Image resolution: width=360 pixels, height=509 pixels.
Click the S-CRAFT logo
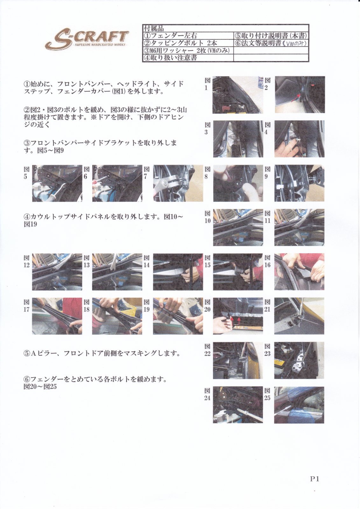click(x=87, y=40)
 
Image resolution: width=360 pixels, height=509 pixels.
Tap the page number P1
click(x=315, y=479)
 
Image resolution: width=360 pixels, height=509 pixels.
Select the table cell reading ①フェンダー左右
click(x=188, y=35)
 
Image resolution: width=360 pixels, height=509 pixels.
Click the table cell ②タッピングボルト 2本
click(x=188, y=43)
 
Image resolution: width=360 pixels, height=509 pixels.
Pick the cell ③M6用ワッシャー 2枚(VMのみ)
click(x=188, y=50)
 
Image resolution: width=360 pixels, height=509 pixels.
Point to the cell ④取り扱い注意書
click(x=188, y=58)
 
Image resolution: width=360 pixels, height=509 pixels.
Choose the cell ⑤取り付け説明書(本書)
click(x=271, y=35)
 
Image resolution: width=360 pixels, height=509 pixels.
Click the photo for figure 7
click(x=178, y=183)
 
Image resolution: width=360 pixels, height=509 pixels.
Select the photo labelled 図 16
click(x=299, y=272)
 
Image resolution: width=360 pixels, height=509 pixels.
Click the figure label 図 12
click(x=27, y=261)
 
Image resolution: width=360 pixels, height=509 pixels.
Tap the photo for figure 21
click(x=299, y=316)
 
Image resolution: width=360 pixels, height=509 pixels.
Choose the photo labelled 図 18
click(x=117, y=316)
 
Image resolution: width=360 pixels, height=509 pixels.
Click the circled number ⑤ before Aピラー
click(x=27, y=353)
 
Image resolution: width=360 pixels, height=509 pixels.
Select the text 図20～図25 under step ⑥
click(x=40, y=387)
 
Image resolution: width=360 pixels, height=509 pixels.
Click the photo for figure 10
click(x=238, y=227)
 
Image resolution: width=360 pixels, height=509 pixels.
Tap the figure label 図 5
click(x=27, y=173)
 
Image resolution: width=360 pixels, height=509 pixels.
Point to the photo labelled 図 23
click(x=299, y=360)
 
